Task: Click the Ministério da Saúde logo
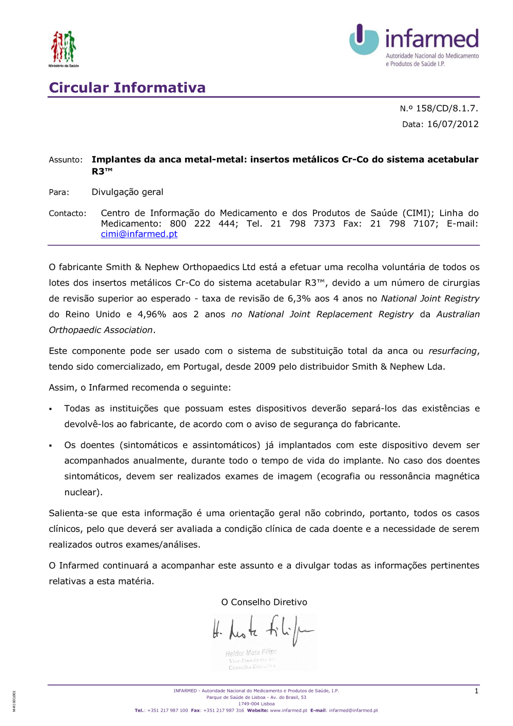[64, 48]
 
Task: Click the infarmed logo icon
[364, 40]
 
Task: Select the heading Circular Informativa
[127, 88]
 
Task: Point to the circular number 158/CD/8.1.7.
[446, 108]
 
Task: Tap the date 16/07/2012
[452, 124]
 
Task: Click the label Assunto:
[66, 160]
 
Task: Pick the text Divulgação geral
[127, 192]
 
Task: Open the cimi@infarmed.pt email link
[139, 234]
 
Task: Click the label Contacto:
[67, 213]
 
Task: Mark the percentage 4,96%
[152, 314]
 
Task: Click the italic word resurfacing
[452, 351]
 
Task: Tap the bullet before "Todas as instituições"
[51, 409]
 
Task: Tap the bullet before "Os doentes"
[51, 446]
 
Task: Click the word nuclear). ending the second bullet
[83, 492]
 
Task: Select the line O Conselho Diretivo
[264, 602]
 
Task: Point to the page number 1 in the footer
[476, 691]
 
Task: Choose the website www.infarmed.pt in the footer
[288, 711]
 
